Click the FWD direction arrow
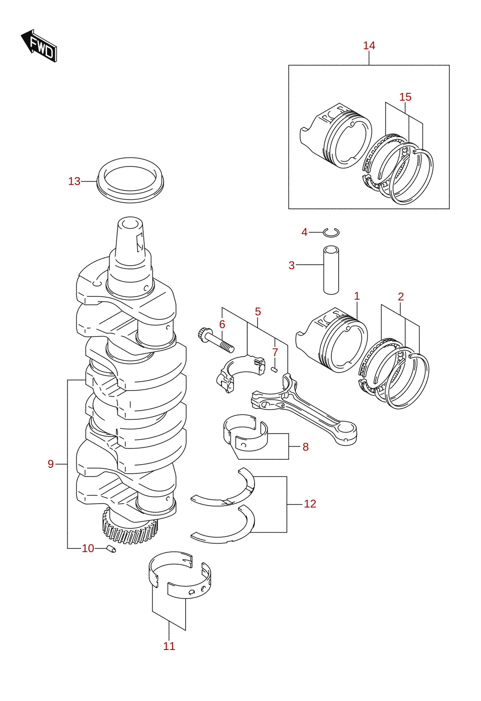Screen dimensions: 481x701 pos(39,46)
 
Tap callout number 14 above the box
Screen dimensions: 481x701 pos(369,46)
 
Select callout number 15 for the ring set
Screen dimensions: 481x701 pos(405,97)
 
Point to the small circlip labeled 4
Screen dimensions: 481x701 pos(331,232)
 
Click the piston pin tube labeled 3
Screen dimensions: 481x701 pos(331,270)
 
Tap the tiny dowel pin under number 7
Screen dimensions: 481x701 pos(274,370)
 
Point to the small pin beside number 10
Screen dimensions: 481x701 pos(111,548)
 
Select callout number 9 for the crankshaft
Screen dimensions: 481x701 pos(51,464)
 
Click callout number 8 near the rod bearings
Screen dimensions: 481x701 pos(305,447)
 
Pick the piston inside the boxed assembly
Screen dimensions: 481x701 pos(336,135)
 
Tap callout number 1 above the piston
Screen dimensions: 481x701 pos(357,296)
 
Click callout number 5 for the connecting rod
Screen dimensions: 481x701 pos(258,312)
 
